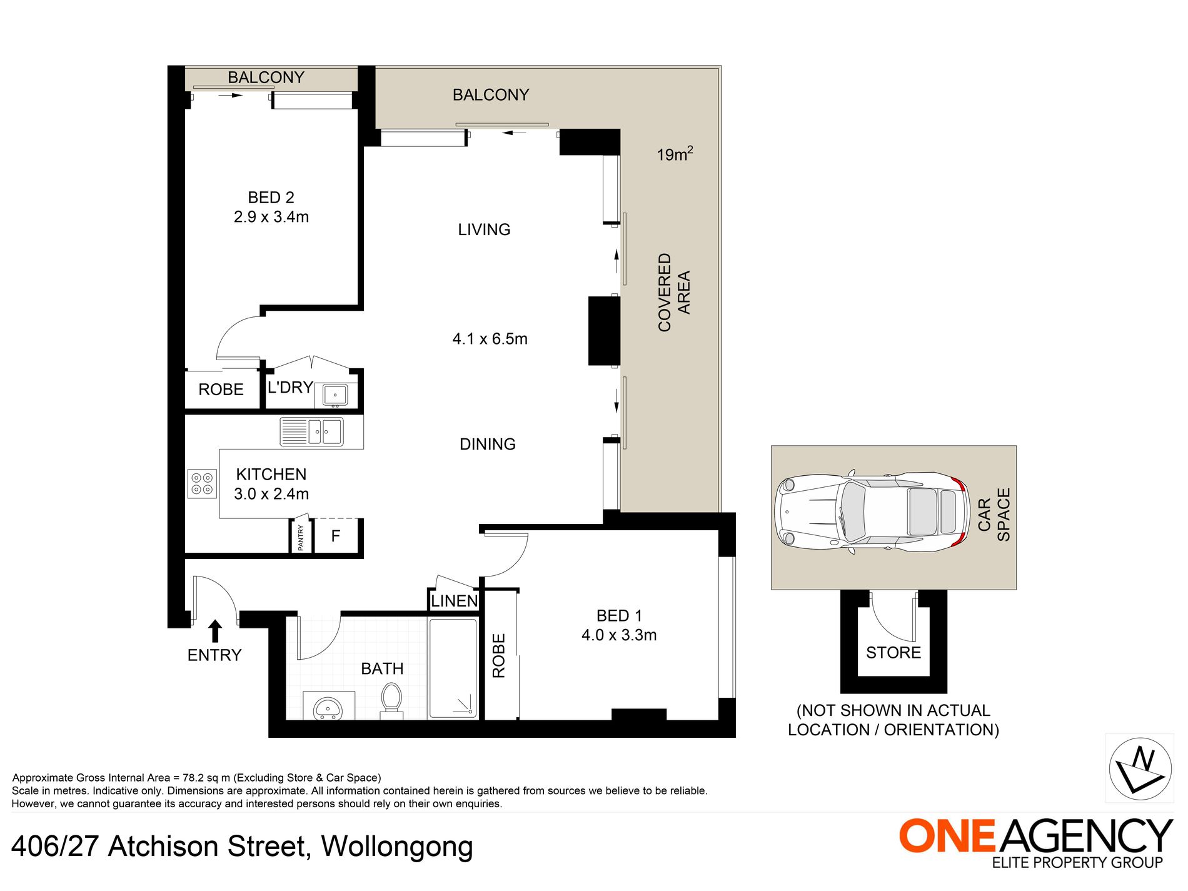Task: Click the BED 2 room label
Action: [271, 198]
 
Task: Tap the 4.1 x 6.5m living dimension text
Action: [490, 339]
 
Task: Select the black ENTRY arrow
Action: [214, 630]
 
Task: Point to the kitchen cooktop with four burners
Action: [202, 484]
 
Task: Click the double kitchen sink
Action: [311, 431]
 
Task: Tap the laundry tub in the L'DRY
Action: [335, 395]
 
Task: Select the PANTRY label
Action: [301, 537]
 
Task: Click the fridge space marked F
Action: [336, 536]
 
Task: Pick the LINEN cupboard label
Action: [454, 601]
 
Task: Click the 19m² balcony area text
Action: [674, 154]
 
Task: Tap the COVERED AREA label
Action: [673, 292]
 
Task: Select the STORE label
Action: [893, 653]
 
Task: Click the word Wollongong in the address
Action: [397, 847]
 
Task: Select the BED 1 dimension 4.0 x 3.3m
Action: [618, 635]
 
